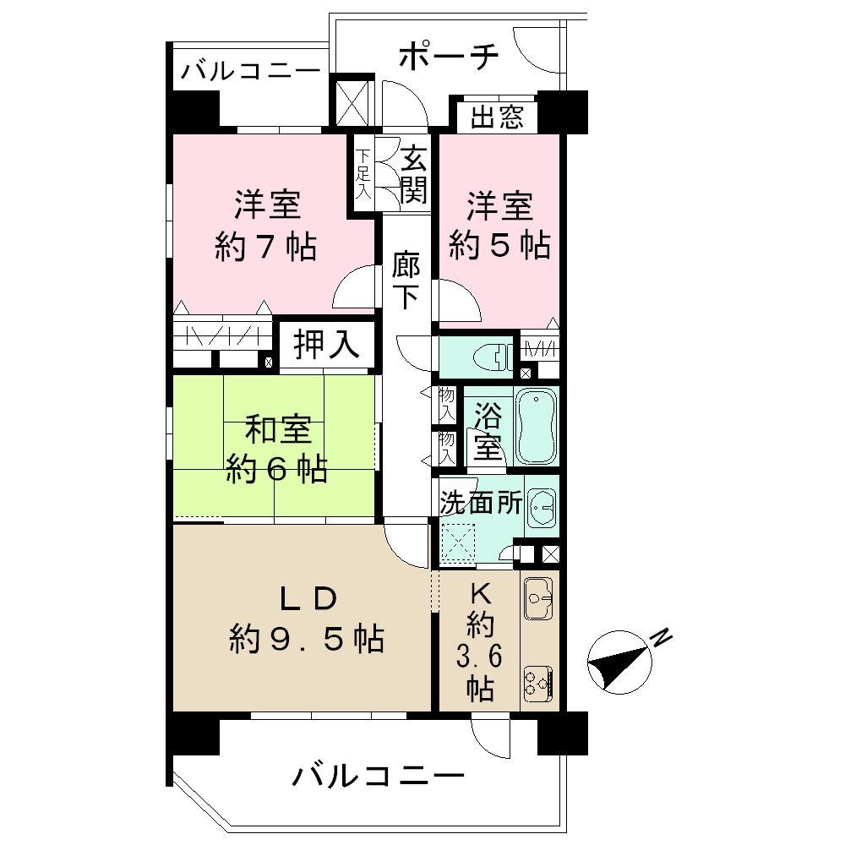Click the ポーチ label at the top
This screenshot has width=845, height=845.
click(x=449, y=57)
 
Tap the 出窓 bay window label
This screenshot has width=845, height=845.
click(x=497, y=117)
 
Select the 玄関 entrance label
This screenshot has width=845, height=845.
click(x=413, y=175)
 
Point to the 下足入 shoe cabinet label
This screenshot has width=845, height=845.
click(x=363, y=175)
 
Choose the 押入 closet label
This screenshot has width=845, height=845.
click(x=327, y=345)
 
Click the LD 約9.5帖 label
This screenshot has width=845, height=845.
click(x=307, y=619)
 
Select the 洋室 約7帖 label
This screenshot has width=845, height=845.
click(x=265, y=225)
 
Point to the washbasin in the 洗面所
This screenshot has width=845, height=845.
click(x=541, y=509)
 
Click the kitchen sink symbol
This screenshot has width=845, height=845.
click(x=537, y=599)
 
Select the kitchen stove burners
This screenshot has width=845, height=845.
click(x=537, y=682)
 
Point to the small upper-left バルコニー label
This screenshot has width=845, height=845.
click(x=250, y=71)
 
